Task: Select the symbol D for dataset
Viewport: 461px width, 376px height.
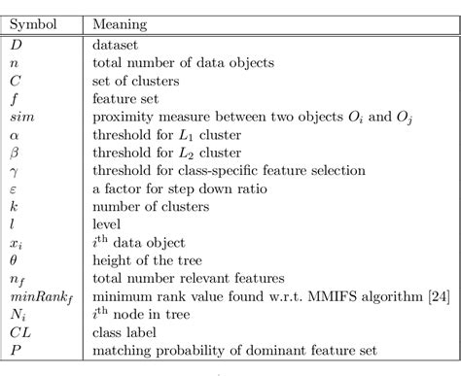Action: click(x=18, y=44)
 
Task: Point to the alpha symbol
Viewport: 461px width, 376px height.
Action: click(x=16, y=134)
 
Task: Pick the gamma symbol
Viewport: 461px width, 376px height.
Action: click(x=16, y=171)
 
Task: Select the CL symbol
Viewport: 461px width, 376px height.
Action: click(x=21, y=332)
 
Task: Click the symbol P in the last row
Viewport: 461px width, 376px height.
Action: click(x=17, y=350)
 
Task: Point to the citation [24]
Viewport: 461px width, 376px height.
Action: click(x=437, y=296)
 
